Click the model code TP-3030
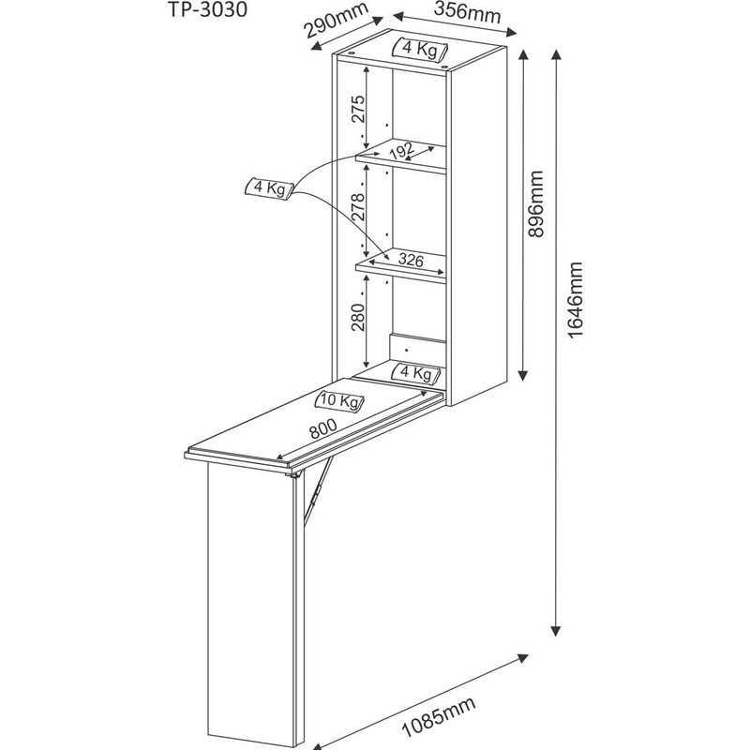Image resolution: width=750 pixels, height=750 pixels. (x=207, y=9)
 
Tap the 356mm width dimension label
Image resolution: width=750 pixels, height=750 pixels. (x=467, y=13)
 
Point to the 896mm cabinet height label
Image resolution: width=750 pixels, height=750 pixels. (x=535, y=203)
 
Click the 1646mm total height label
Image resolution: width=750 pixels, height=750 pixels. (x=575, y=300)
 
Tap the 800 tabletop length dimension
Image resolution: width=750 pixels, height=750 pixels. (x=323, y=428)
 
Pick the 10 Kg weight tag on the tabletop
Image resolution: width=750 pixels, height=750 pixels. (x=339, y=401)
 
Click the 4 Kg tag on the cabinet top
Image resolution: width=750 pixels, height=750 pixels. (x=420, y=49)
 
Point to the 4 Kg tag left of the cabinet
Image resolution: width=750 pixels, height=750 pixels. (x=269, y=188)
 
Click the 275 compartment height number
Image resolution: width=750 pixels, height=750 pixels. (x=358, y=109)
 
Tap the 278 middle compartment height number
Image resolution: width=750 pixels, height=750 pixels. (x=358, y=206)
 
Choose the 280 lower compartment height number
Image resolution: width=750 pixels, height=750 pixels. (x=358, y=317)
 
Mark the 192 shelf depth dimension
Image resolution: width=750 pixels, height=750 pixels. (x=402, y=151)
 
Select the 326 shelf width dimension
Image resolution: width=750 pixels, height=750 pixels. (x=412, y=260)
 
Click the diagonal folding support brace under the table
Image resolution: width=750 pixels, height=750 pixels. (x=318, y=490)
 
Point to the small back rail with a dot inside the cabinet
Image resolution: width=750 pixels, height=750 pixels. (x=417, y=349)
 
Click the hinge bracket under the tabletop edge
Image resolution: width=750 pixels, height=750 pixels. (x=292, y=474)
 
